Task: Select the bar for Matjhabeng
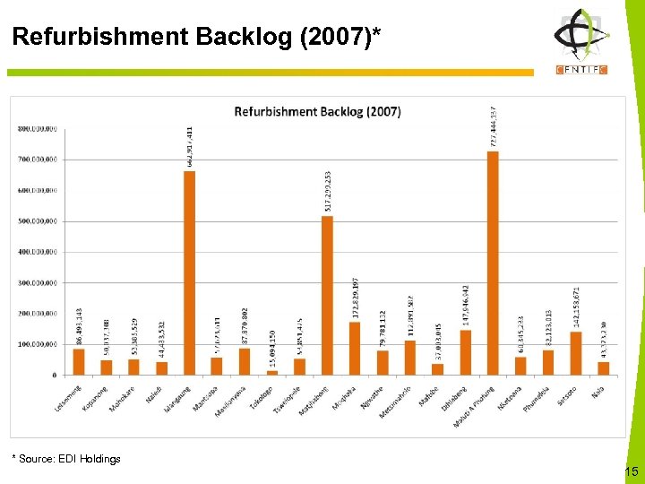pos(327,295)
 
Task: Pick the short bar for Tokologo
pos(272,372)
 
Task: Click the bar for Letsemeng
pos(79,361)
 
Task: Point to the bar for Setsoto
pos(576,353)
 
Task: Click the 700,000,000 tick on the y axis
pos(37,159)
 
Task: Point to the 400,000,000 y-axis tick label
pos(37,252)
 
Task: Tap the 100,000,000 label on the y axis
pos(37,344)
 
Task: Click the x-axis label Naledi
pos(155,393)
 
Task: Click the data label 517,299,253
pos(328,190)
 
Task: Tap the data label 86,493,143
pos(79,326)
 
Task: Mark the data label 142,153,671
pos(576,307)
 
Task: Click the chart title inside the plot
pos(317,112)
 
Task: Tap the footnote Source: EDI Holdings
pos(66,459)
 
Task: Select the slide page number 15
pos(631,471)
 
